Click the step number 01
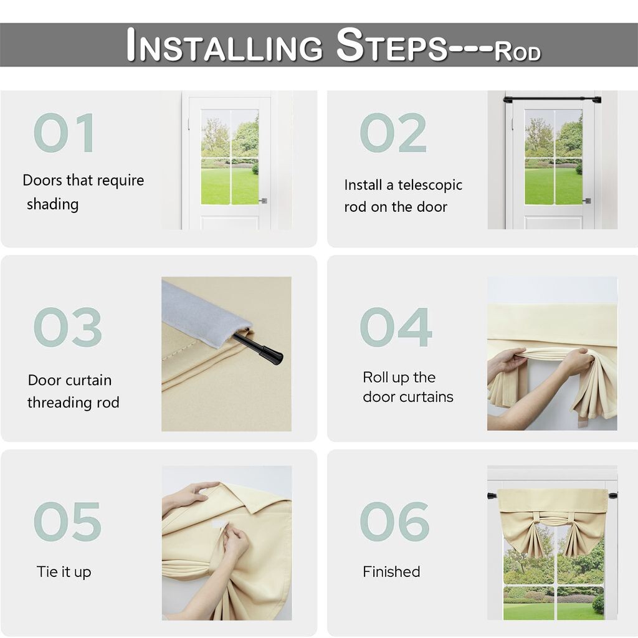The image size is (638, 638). pyautogui.click(x=64, y=133)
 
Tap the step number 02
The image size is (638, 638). pyautogui.click(x=393, y=133)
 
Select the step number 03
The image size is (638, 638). pyautogui.click(x=67, y=327)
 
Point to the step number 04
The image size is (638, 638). pyautogui.click(x=396, y=327)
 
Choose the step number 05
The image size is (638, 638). pyautogui.click(x=67, y=521)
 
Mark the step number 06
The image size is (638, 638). pyautogui.click(x=394, y=521)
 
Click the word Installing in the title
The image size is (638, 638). pyautogui.click(x=224, y=45)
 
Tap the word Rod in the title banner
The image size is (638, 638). pyautogui.click(x=518, y=51)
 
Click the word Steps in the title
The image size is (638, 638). pyautogui.click(x=393, y=45)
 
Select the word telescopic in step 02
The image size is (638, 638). pyautogui.click(x=430, y=186)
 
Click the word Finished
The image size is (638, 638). pyautogui.click(x=391, y=572)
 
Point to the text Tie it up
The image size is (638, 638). pyautogui.click(x=64, y=572)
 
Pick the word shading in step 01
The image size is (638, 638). pyautogui.click(x=52, y=204)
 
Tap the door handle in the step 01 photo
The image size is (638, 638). pyautogui.click(x=264, y=201)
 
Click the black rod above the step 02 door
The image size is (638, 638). pyautogui.click(x=552, y=99)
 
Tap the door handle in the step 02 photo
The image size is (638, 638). pyautogui.click(x=587, y=201)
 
